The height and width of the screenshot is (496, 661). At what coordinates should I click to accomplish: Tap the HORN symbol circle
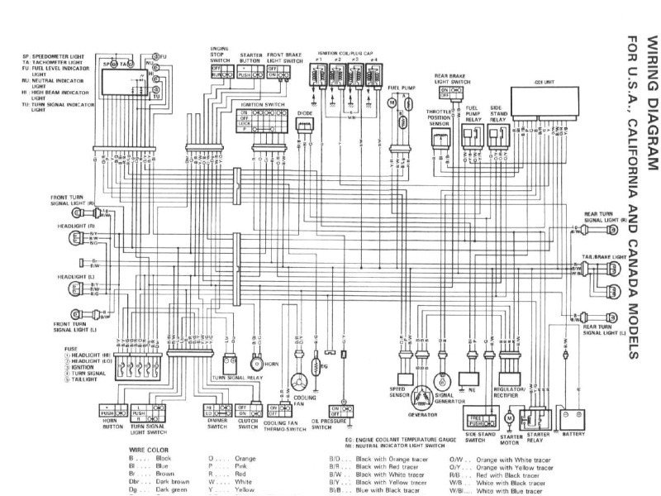click(256, 364)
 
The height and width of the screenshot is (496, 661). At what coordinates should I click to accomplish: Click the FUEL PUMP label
click(401, 87)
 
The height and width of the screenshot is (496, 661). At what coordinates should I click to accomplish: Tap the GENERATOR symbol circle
click(423, 393)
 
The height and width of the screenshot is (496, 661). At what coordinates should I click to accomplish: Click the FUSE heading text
click(71, 349)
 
